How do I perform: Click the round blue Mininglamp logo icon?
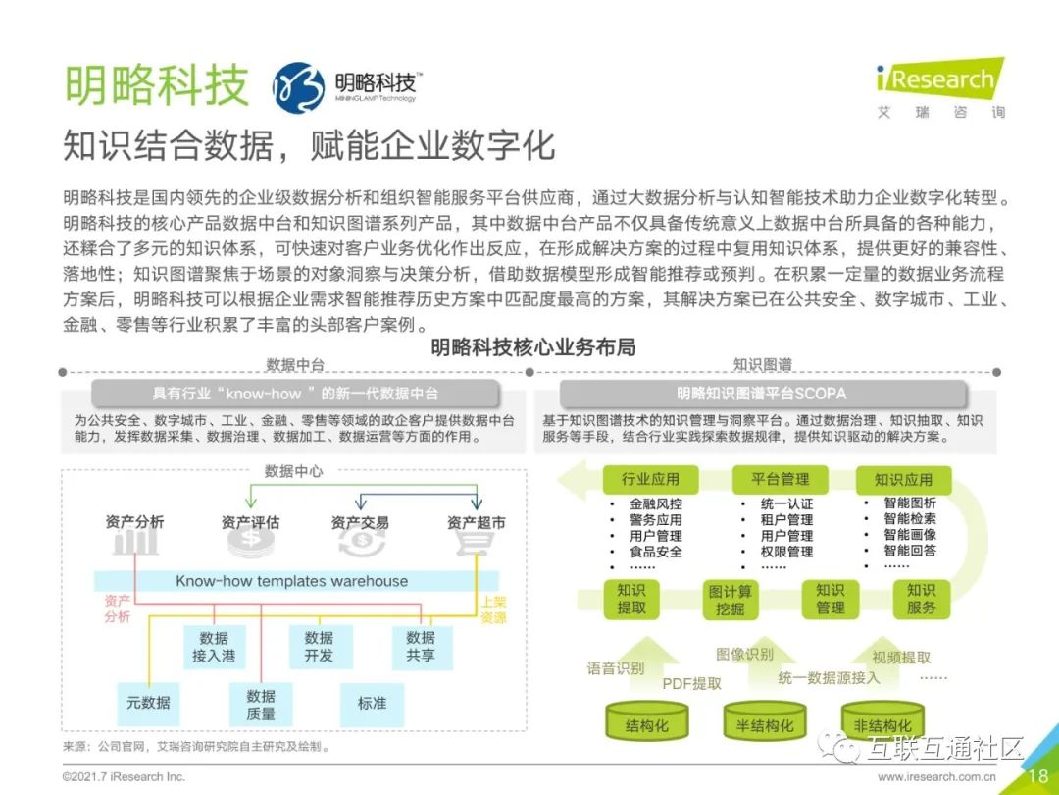click(298, 87)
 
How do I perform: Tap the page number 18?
click(1037, 776)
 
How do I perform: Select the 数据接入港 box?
click(214, 647)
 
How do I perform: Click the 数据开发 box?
click(319, 647)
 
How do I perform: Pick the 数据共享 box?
click(421, 647)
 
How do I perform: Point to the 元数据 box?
click(148, 703)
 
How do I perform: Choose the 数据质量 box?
click(261, 705)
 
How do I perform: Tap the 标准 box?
click(372, 703)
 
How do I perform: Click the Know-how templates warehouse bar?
click(292, 581)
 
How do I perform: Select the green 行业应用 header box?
click(650, 479)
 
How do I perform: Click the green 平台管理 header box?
click(781, 479)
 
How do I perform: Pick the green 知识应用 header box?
click(903, 479)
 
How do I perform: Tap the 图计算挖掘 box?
click(730, 600)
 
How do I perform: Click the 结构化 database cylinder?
click(646, 724)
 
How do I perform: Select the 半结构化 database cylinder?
click(765, 724)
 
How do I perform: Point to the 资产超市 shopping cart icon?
click(475, 542)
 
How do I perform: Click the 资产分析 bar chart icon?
click(134, 542)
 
